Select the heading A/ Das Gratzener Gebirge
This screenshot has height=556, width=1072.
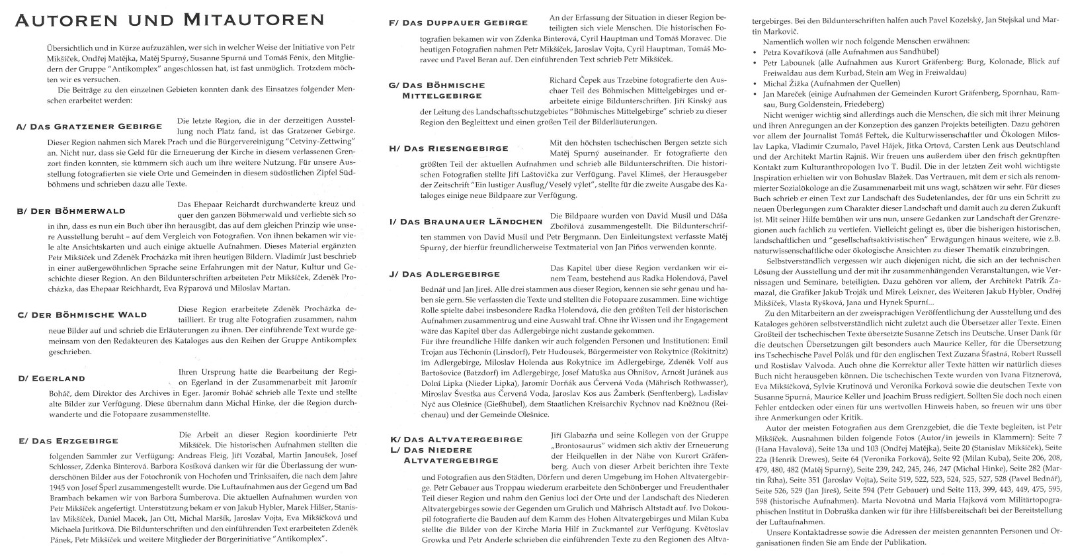[x=89, y=126]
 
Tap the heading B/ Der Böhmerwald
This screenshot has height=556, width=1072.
[x=71, y=211]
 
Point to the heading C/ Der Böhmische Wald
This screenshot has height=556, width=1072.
[x=82, y=314]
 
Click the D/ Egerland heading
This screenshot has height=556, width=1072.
[x=52, y=378]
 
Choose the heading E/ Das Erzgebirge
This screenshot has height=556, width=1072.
[x=67, y=441]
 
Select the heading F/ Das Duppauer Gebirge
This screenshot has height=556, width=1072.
[x=458, y=23]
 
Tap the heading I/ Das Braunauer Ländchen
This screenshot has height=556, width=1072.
[x=466, y=222]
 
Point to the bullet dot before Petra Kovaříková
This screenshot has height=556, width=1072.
[x=757, y=52]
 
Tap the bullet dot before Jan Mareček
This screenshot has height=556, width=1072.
[x=757, y=94]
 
